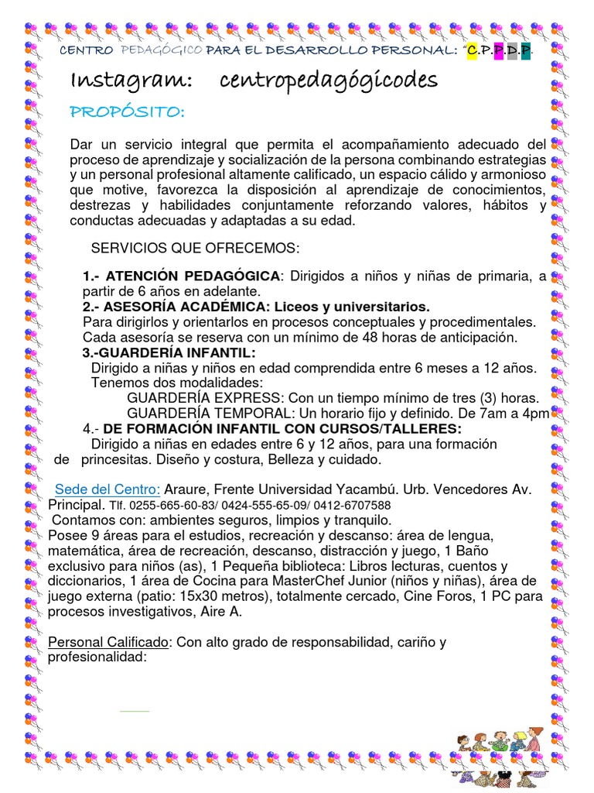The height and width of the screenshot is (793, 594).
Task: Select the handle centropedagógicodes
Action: click(x=329, y=81)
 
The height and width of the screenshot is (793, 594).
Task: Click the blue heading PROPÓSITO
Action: click(x=127, y=113)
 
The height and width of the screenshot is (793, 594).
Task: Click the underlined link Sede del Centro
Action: click(x=107, y=490)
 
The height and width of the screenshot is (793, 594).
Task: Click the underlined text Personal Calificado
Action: click(x=108, y=643)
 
